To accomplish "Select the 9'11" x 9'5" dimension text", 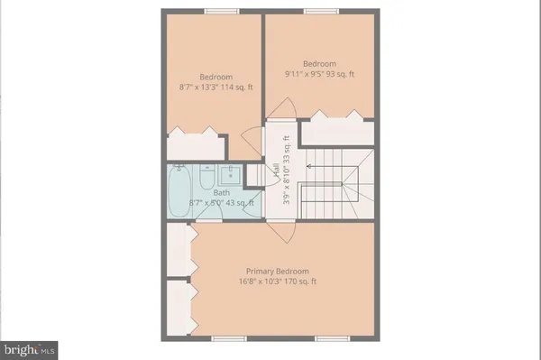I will tap(319, 74).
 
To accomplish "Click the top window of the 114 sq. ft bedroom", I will tap(216, 11).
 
